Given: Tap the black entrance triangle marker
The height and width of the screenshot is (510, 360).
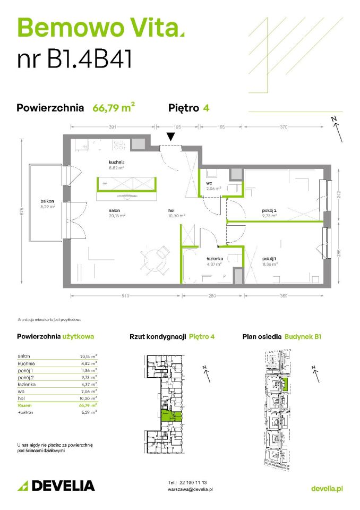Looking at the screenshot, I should click(x=170, y=137).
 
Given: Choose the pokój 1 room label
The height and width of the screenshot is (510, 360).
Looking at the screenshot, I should click(x=268, y=258).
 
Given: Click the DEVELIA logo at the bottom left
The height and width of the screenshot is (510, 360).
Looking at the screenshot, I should click(x=56, y=485).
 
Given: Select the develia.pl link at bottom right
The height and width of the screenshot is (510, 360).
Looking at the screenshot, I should click(x=326, y=488).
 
